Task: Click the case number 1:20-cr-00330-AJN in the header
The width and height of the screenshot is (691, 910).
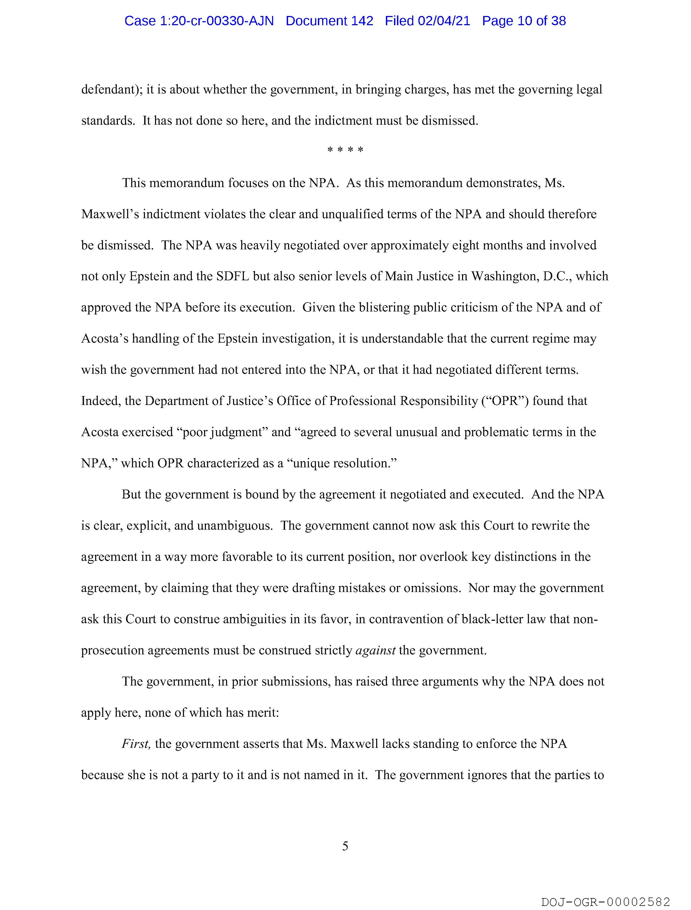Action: click(199, 21)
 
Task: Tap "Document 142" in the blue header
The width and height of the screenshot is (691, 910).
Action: click(330, 21)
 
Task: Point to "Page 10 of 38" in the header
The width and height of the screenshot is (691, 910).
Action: click(524, 21)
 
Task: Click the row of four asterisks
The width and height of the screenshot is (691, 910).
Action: click(345, 150)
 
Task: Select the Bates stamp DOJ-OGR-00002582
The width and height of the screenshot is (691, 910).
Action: click(605, 902)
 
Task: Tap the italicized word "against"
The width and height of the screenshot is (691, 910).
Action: click(375, 650)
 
